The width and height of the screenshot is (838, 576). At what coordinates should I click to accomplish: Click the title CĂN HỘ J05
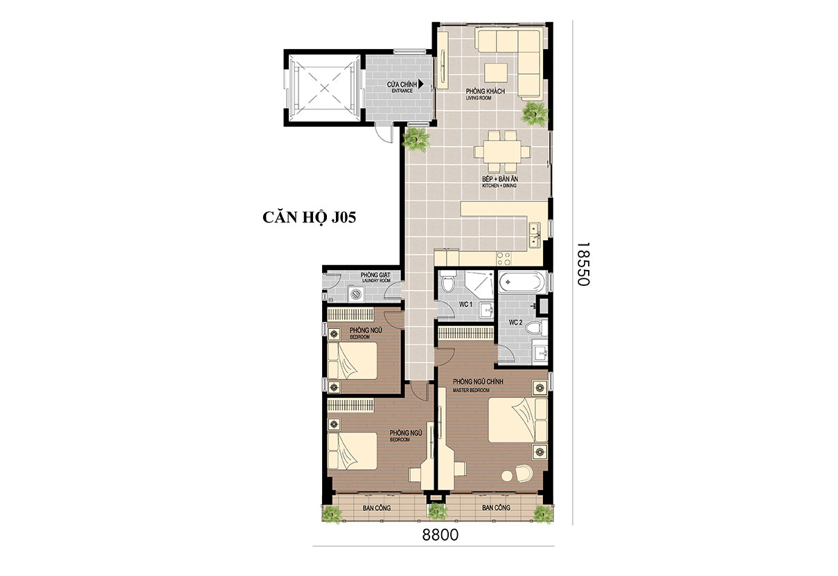[x=309, y=217]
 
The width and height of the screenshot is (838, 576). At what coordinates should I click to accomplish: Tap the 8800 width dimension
[x=440, y=535]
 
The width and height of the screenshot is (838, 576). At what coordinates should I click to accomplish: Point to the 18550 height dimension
[x=583, y=264]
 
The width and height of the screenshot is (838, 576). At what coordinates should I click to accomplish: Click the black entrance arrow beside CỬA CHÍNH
[x=421, y=84]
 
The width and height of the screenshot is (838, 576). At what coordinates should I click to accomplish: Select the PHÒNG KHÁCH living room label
[x=485, y=91]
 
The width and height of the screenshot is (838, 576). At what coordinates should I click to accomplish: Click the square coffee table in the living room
[x=496, y=73]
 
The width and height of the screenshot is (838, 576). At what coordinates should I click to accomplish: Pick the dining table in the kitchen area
[x=501, y=152]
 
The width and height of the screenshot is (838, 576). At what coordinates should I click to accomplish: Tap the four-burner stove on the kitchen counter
[x=503, y=258]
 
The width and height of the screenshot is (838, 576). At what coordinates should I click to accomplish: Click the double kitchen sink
[x=534, y=235]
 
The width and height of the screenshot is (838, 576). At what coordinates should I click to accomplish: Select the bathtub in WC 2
[x=521, y=281]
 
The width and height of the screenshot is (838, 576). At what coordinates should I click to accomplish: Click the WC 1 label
[x=466, y=305]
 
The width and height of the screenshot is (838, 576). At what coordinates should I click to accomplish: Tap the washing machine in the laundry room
[x=355, y=294]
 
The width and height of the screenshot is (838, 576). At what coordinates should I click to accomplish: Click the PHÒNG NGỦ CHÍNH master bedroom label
[x=478, y=382]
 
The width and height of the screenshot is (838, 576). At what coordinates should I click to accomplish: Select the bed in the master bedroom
[x=518, y=420]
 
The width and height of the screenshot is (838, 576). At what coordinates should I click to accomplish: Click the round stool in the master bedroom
[x=507, y=476]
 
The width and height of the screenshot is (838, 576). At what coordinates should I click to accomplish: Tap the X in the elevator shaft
[x=324, y=89]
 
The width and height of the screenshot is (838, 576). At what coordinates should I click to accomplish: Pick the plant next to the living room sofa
[x=535, y=113]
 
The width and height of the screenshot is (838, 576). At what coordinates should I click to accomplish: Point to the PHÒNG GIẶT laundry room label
[x=375, y=275]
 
